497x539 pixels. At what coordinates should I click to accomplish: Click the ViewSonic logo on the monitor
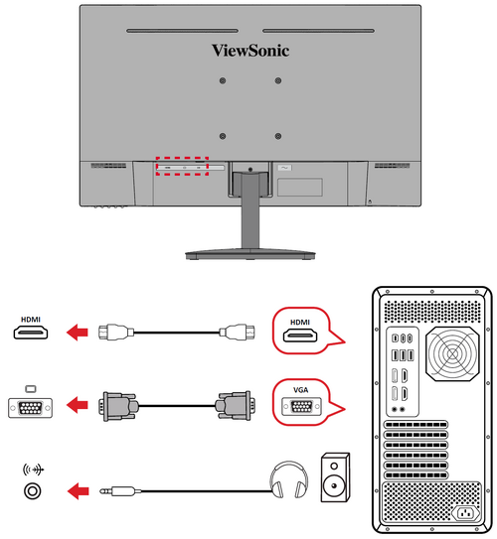(x=250, y=51)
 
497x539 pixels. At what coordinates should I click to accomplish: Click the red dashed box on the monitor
(x=182, y=158)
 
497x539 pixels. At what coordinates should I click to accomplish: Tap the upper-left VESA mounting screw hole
(x=223, y=80)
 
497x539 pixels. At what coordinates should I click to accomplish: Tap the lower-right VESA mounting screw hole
(x=278, y=136)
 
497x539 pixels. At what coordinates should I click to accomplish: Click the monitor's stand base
(x=250, y=255)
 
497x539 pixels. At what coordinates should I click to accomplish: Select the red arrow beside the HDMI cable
(x=78, y=333)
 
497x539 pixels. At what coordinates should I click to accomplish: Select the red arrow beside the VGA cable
(x=78, y=405)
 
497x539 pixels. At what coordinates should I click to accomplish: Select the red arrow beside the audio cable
(x=79, y=490)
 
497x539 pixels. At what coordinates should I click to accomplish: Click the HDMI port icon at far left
(x=31, y=333)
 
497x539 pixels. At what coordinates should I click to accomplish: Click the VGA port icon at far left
(x=30, y=408)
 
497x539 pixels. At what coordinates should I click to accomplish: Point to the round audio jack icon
(x=33, y=490)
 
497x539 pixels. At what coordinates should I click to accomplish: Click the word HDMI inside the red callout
(x=300, y=322)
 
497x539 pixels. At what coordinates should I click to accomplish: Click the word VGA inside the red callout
(x=300, y=390)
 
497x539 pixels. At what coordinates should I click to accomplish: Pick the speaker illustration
(x=335, y=477)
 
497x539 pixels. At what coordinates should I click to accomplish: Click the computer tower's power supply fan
(x=452, y=353)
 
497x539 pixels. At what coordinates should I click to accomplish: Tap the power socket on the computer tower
(x=465, y=514)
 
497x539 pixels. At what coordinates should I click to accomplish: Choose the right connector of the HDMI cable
(x=238, y=333)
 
